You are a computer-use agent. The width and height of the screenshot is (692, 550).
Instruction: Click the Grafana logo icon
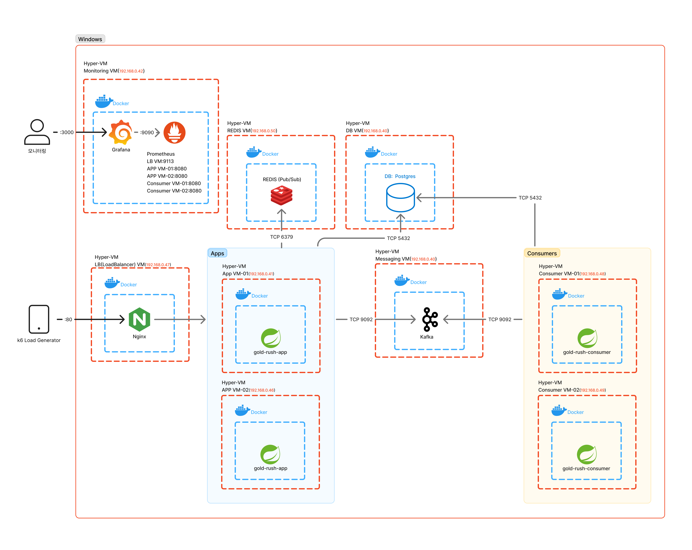tap(121, 132)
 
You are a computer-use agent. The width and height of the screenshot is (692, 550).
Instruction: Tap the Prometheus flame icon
tap(174, 132)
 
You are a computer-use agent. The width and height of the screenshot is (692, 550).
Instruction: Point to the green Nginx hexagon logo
tap(139, 320)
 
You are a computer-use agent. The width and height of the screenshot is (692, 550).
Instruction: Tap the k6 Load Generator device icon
tap(39, 319)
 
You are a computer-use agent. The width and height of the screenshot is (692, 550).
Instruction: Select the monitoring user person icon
tap(37, 132)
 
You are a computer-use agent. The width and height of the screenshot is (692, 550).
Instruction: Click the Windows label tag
tap(90, 39)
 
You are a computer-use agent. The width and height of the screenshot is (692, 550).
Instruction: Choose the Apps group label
tap(217, 253)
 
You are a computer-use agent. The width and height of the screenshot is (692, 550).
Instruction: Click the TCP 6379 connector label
tap(281, 237)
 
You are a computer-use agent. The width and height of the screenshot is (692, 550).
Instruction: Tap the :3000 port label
tap(66, 132)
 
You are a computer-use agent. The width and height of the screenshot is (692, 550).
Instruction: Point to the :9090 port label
tap(147, 132)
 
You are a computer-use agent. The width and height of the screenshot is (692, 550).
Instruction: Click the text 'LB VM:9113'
tap(160, 161)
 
